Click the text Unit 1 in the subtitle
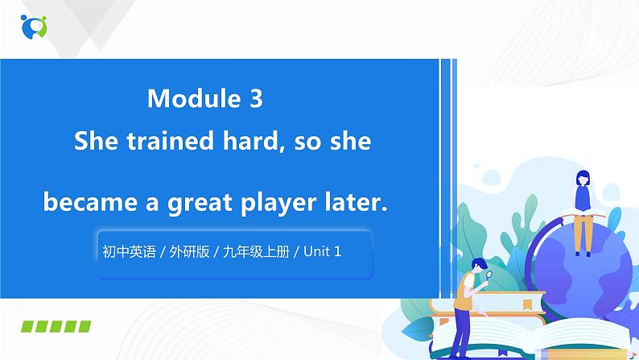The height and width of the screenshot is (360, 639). pyautogui.click(x=326, y=252)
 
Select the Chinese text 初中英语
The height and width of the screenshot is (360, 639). pyautogui.click(x=129, y=252)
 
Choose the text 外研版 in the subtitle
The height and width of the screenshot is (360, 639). pyautogui.click(x=189, y=252)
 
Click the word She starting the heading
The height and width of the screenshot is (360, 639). pyautogui.click(x=97, y=142)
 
